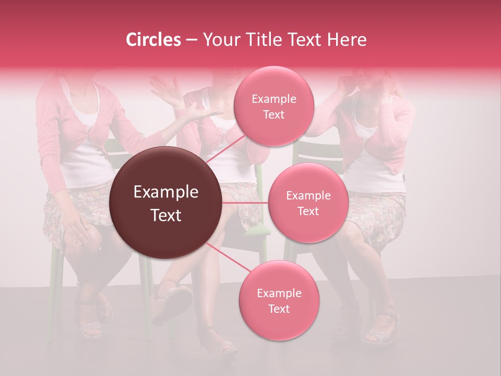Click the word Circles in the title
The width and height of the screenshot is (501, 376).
[153, 40]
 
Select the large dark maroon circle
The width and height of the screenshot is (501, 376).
[166, 203]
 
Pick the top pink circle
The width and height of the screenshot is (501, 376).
[273, 106]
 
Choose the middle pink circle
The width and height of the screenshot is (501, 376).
[308, 203]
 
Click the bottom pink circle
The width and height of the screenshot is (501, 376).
[279, 300]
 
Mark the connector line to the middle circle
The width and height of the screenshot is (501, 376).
[245, 203]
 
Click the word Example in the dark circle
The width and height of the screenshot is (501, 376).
[166, 192]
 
